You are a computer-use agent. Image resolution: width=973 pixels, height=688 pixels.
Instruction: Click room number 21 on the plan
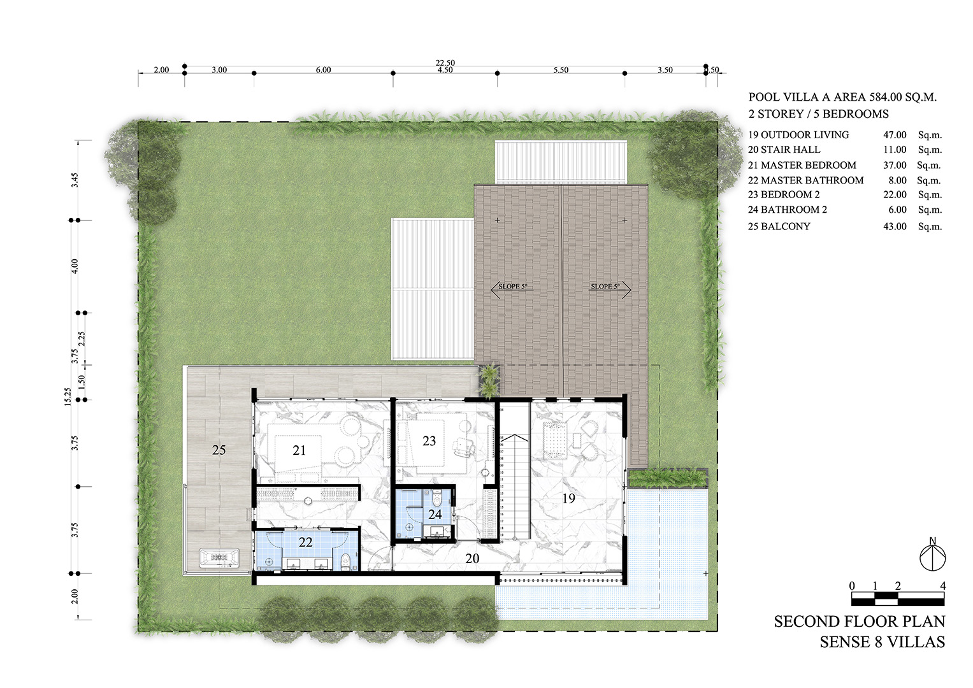pyautogui.click(x=299, y=450)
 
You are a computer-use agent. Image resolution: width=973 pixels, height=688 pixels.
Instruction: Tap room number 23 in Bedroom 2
pyautogui.click(x=429, y=441)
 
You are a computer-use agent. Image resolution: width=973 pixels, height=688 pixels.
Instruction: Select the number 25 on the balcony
pyautogui.click(x=219, y=450)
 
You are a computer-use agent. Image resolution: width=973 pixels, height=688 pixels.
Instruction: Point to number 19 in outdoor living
pyautogui.click(x=568, y=498)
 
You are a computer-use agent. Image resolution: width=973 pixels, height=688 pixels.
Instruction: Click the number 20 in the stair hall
pyautogui.click(x=472, y=559)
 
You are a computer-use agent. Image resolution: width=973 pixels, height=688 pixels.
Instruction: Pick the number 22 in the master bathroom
pyautogui.click(x=305, y=542)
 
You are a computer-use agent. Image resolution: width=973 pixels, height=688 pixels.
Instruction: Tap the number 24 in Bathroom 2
pyautogui.click(x=435, y=514)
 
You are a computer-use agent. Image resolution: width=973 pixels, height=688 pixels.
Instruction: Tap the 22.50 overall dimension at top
pyautogui.click(x=445, y=62)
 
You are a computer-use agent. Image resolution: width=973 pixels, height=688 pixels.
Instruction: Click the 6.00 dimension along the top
pyautogui.click(x=323, y=70)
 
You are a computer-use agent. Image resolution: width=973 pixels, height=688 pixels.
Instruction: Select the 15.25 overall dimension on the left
pyautogui.click(x=74, y=412)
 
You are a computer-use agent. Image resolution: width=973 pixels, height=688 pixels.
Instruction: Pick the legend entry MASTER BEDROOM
pyautogui.click(x=809, y=165)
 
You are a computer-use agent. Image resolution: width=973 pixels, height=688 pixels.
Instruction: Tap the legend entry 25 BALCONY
pyautogui.click(x=779, y=226)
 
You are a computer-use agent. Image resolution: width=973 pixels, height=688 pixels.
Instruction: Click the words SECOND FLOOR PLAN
pyautogui.click(x=859, y=622)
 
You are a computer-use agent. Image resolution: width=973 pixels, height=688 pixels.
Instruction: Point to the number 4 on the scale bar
pyautogui.click(x=943, y=586)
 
